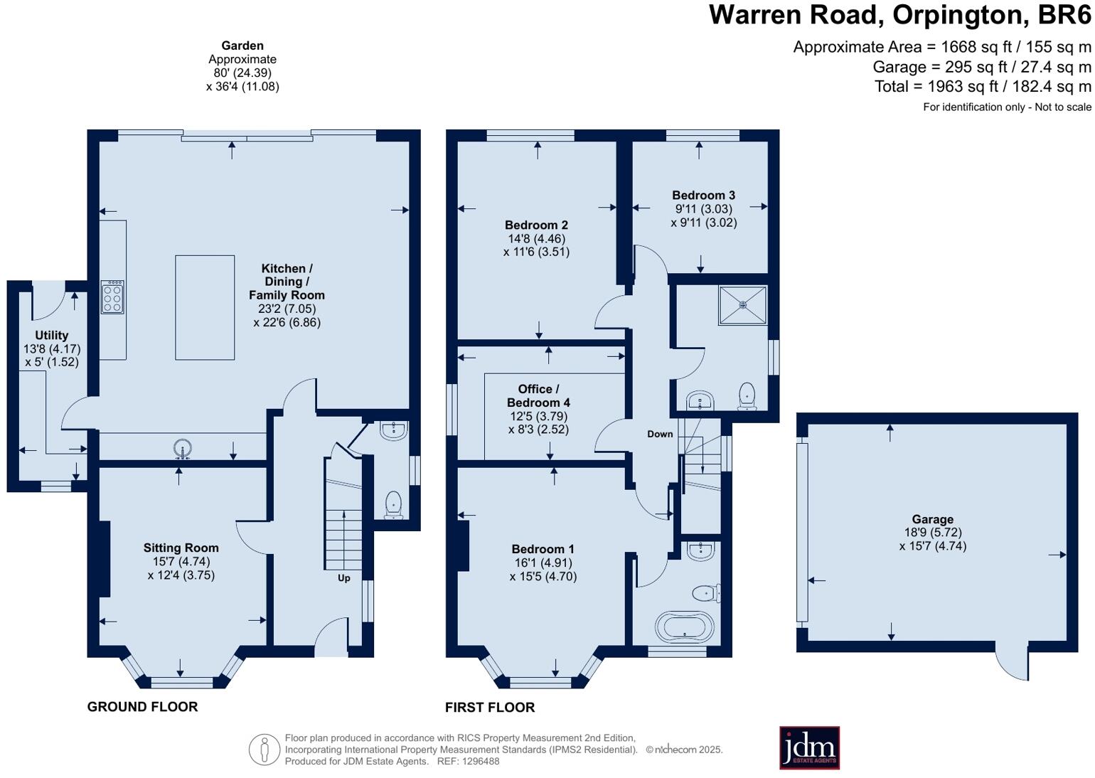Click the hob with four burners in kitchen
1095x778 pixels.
(112, 297)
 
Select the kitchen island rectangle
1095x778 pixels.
(205, 307)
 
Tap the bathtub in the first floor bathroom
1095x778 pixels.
(684, 627)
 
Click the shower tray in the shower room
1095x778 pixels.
(742, 305)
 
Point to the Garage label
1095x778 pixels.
(932, 520)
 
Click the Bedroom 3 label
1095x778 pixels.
(703, 196)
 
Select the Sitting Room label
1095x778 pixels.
(181, 548)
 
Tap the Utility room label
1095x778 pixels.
(52, 336)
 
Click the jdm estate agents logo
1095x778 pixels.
(809, 747)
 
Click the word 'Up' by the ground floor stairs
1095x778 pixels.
(344, 578)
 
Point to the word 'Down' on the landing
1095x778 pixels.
(660, 434)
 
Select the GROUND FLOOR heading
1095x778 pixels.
(142, 707)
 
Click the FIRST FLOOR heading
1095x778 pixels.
(489, 708)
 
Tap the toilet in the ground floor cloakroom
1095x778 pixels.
(393, 506)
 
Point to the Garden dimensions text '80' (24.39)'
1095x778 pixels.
(242, 73)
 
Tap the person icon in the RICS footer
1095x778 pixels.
(264, 750)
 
